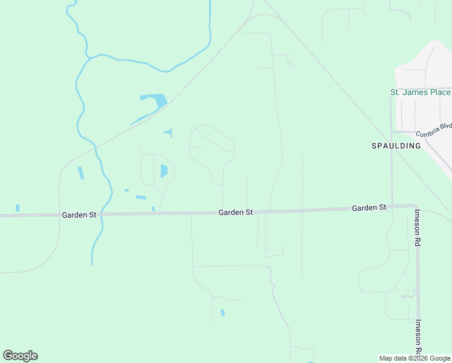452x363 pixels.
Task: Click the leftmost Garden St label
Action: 75,215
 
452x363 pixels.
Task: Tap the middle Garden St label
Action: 235,212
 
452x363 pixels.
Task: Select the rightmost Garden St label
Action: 369,208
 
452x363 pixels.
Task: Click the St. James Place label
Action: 420,92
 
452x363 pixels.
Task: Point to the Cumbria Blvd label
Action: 434,133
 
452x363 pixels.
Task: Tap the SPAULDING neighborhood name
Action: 395,146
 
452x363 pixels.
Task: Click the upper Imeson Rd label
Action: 418,227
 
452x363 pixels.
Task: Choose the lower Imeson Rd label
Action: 418,337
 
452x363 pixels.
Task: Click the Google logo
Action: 20,356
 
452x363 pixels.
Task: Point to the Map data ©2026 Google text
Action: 415,358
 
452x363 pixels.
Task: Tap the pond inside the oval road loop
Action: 164,171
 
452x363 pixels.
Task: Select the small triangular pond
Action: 169,132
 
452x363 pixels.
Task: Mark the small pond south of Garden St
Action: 223,313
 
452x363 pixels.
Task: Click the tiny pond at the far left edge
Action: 18,208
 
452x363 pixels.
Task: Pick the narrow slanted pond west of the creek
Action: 80,173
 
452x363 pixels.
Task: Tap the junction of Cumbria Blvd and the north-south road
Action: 392,131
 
